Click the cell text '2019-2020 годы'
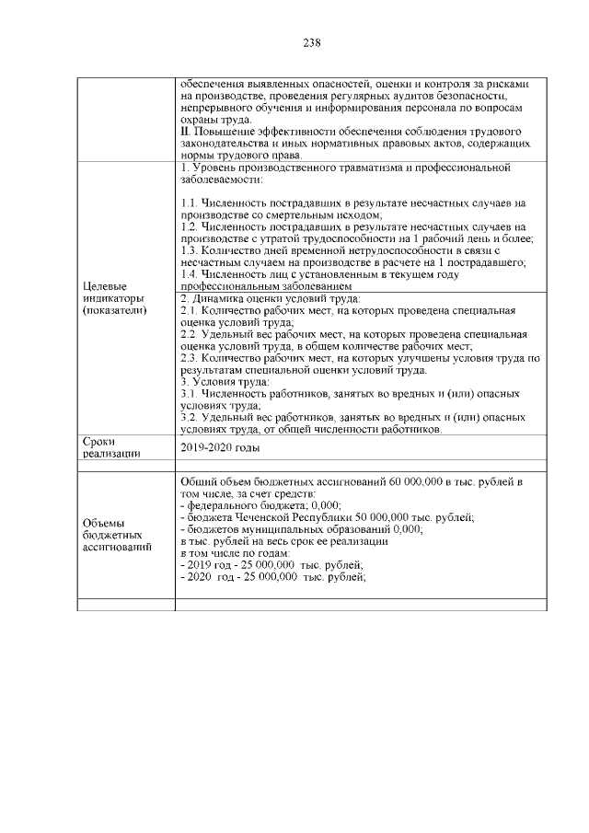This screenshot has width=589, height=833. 220,447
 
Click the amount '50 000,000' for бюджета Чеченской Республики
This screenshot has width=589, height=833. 368,517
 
